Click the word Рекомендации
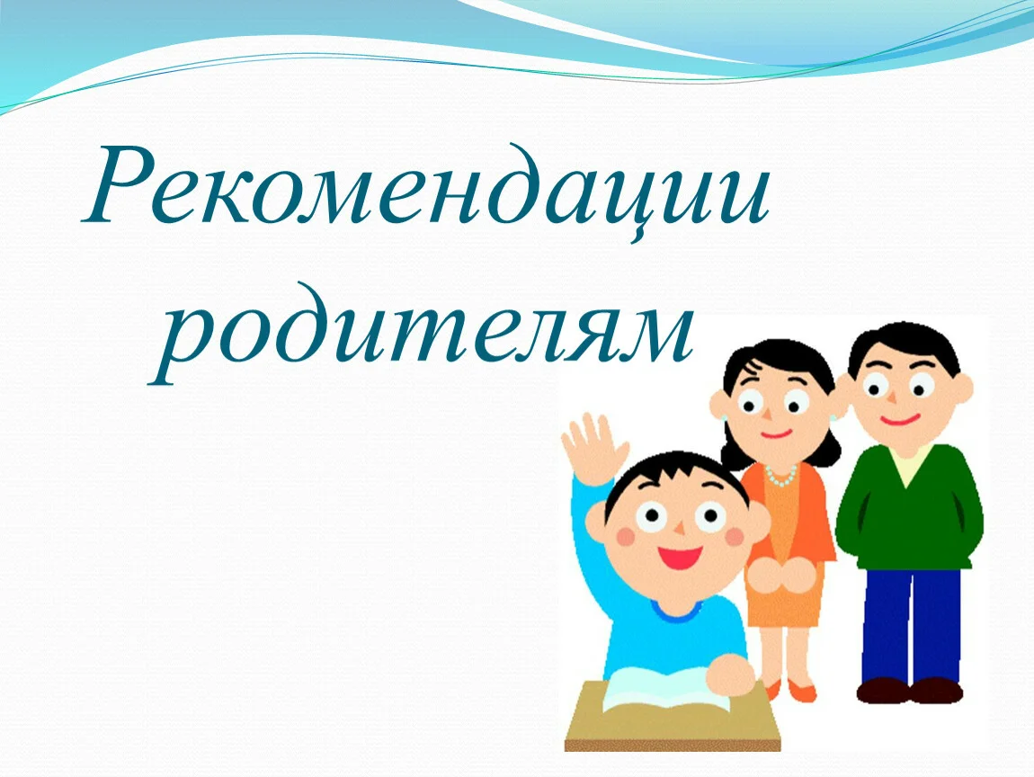[x=425, y=192]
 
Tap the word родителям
[x=421, y=333]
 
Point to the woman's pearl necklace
[x=782, y=475]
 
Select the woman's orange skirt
[x=784, y=594]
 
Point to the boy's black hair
[x=672, y=478]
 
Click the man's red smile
[x=900, y=419]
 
